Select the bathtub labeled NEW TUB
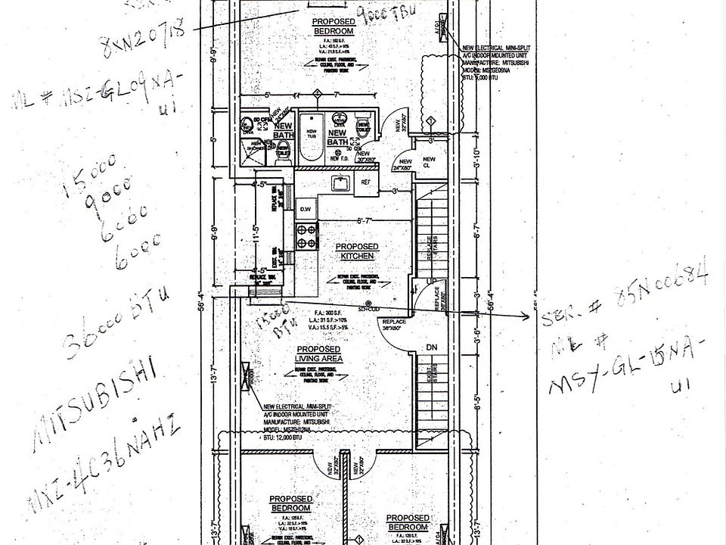coord(310,137)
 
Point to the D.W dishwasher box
coord(306,207)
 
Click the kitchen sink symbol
coord(340,183)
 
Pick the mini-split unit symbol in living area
coord(247,375)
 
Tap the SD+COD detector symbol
coord(368,308)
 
